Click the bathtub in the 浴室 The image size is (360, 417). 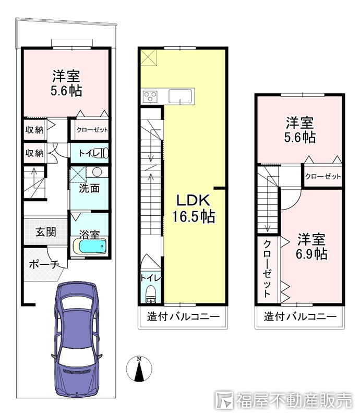(x=89, y=247)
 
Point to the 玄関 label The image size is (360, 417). (x=46, y=232)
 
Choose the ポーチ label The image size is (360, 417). (x=44, y=265)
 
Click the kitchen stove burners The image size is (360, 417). (x=150, y=96)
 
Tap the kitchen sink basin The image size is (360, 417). (x=181, y=96)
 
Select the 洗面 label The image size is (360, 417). (x=89, y=188)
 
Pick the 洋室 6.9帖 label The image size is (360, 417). (x=311, y=246)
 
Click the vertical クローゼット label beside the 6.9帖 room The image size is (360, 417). (x=267, y=268)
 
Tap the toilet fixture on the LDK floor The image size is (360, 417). (x=151, y=295)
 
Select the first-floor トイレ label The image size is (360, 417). (x=89, y=153)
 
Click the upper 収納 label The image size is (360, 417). (x=34, y=130)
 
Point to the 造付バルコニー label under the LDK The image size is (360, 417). (x=184, y=316)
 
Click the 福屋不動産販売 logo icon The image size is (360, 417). (x=224, y=400)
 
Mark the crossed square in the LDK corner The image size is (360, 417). (x=149, y=58)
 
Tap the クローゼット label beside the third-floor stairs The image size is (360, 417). (x=323, y=176)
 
